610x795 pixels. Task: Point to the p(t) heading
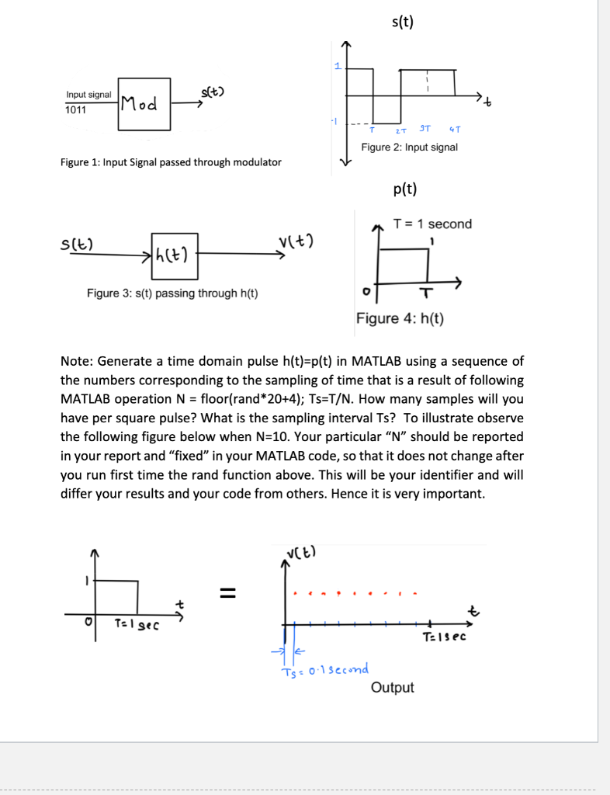[404, 188]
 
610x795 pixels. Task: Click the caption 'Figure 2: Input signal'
[409, 147]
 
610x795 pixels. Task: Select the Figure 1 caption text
[171, 162]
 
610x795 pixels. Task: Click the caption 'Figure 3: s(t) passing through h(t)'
[172, 293]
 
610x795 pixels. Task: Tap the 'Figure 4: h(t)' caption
[400, 318]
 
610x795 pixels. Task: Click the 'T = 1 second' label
[432, 224]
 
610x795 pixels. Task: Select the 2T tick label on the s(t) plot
[400, 130]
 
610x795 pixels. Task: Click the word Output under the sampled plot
[392, 687]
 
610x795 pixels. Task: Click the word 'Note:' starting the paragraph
[77, 362]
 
